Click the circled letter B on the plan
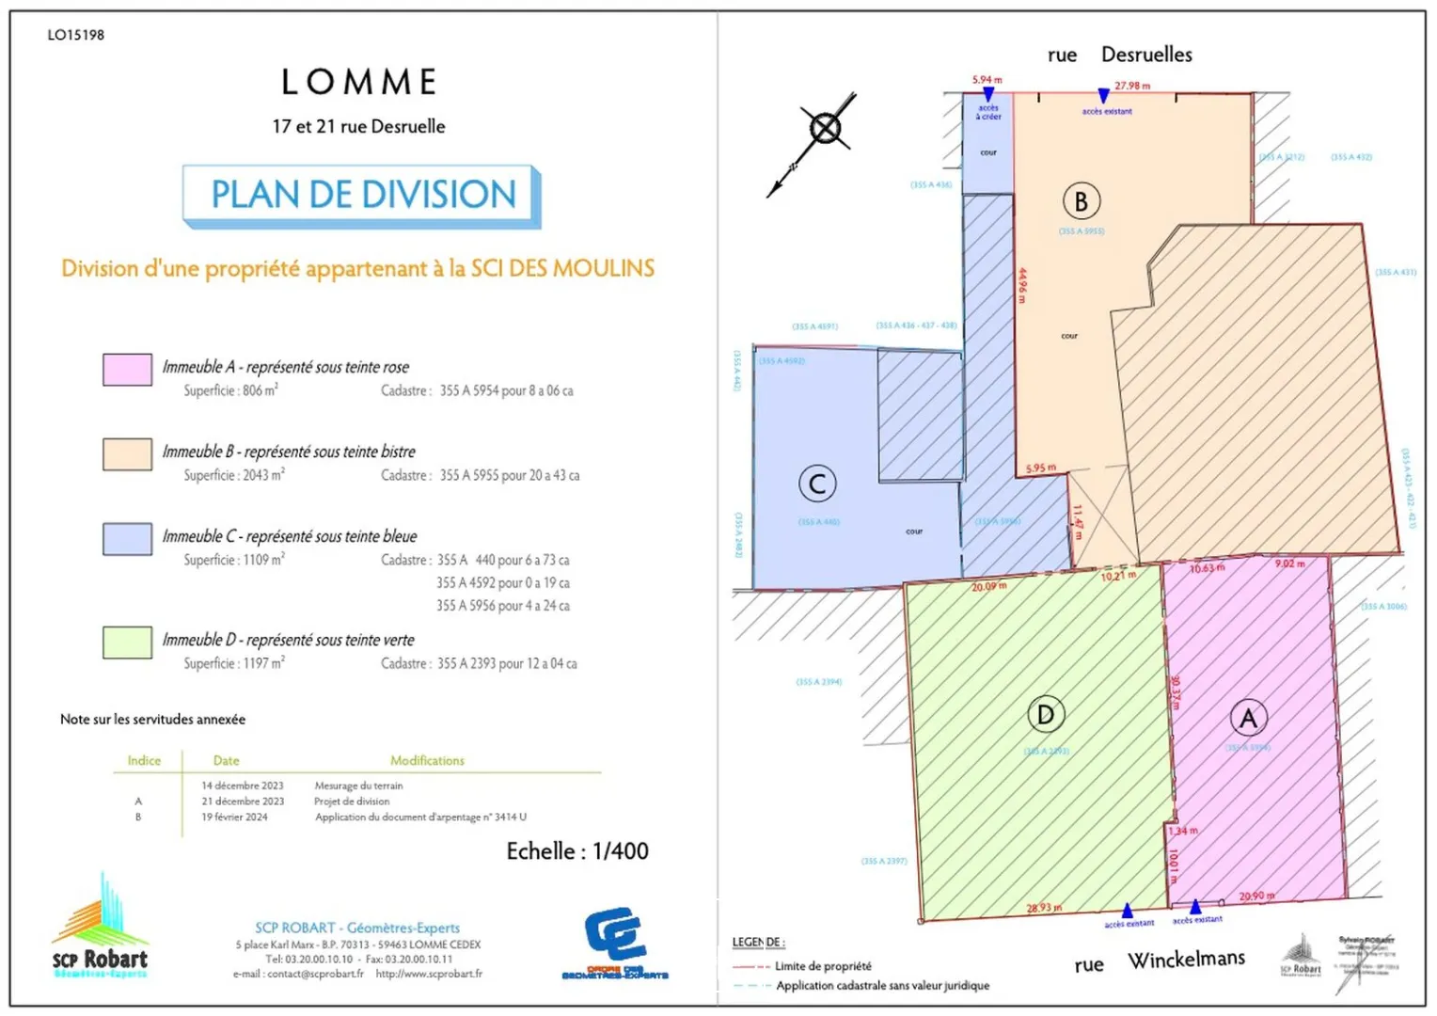(x=1082, y=201)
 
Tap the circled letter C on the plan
(x=817, y=484)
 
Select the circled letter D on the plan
(x=1046, y=715)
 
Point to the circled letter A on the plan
(x=1248, y=719)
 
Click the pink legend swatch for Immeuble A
(x=127, y=370)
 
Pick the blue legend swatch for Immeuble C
(x=127, y=539)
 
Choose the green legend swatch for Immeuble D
(x=127, y=643)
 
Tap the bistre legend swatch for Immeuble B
(x=127, y=454)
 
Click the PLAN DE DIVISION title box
(x=362, y=195)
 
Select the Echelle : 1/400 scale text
(x=577, y=851)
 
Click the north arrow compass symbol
(x=825, y=129)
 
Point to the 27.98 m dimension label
(x=1132, y=86)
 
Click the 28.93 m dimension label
(x=1044, y=908)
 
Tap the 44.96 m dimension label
(x=1023, y=286)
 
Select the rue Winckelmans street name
(x=1160, y=961)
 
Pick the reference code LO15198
(x=76, y=35)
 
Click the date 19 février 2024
(x=234, y=818)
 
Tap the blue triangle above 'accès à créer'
(x=988, y=95)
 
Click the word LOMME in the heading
(x=359, y=83)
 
